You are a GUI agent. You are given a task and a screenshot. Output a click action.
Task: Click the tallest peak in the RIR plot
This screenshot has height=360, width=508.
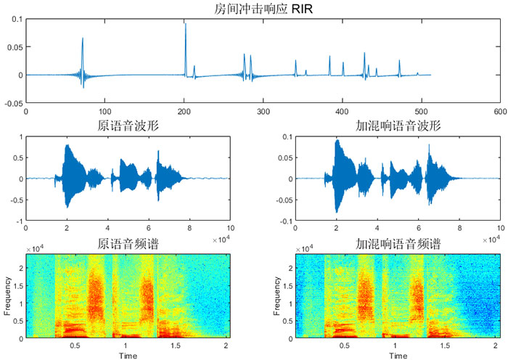pos(185,25)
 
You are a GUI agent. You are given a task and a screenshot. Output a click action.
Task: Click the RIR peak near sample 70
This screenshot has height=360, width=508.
pos(82,38)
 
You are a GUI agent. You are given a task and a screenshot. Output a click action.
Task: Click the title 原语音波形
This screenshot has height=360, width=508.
pos(128,126)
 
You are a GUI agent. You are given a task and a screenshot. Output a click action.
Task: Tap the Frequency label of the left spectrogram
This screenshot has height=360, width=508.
pos(8,296)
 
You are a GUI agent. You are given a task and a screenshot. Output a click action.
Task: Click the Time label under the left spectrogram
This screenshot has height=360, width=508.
pos(128,356)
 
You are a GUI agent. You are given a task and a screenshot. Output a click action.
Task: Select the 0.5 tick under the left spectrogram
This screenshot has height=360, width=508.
pos(75,345)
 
